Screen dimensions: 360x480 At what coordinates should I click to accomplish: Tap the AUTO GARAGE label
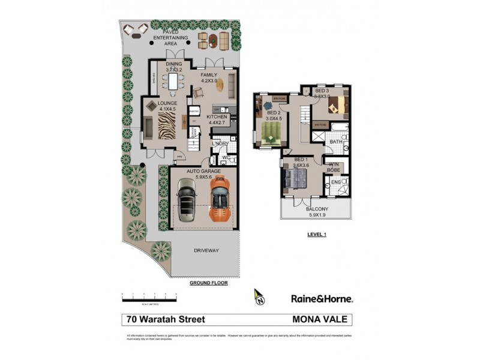(201, 171)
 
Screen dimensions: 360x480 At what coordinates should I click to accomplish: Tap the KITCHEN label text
(217, 117)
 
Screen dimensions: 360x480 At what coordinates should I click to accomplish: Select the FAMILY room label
(209, 75)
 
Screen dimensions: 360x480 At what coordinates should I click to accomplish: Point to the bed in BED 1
(296, 178)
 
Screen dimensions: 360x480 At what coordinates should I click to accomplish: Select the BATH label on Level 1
(335, 142)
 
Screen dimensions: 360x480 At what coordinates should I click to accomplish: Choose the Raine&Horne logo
(322, 298)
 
